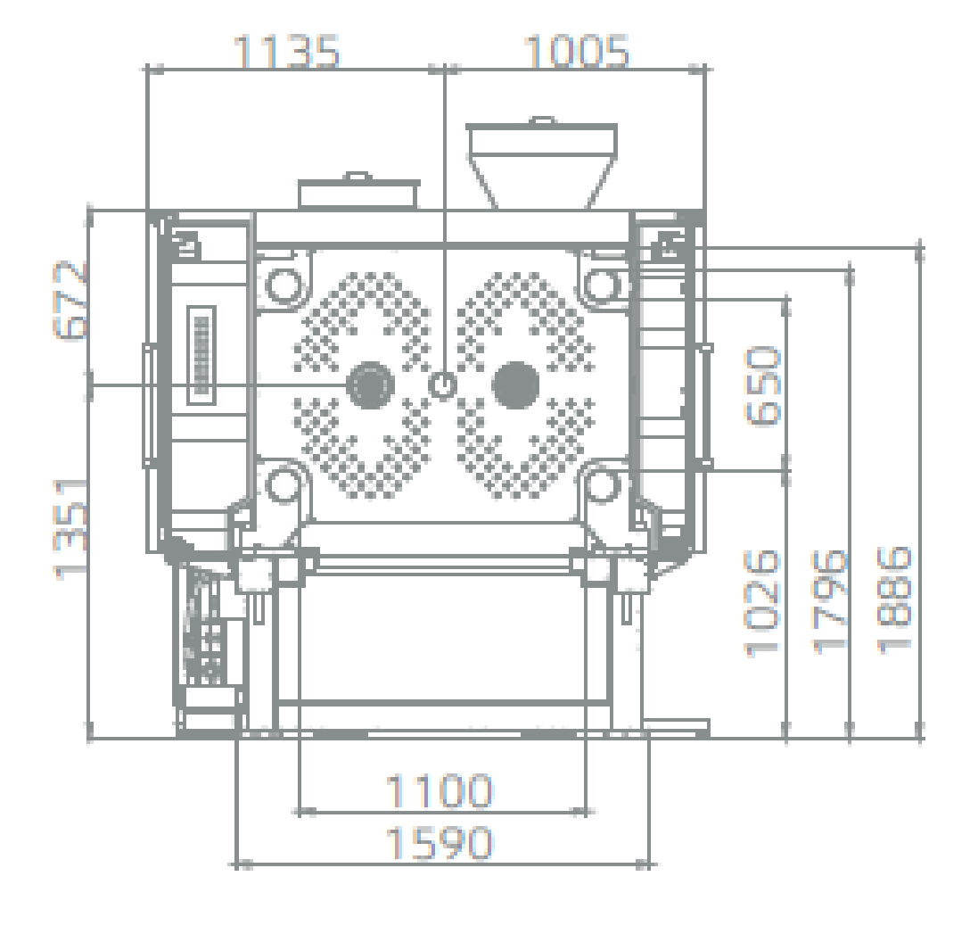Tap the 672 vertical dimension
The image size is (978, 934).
[x=70, y=300]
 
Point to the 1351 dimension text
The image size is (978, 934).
[x=70, y=530]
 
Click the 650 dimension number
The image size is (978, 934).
[x=763, y=386]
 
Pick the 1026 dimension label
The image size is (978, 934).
[x=763, y=603]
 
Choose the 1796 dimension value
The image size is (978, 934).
[x=830, y=602]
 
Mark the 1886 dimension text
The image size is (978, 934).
[x=895, y=600]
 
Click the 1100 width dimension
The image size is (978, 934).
[x=440, y=791]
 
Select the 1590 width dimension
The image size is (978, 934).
[x=440, y=843]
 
